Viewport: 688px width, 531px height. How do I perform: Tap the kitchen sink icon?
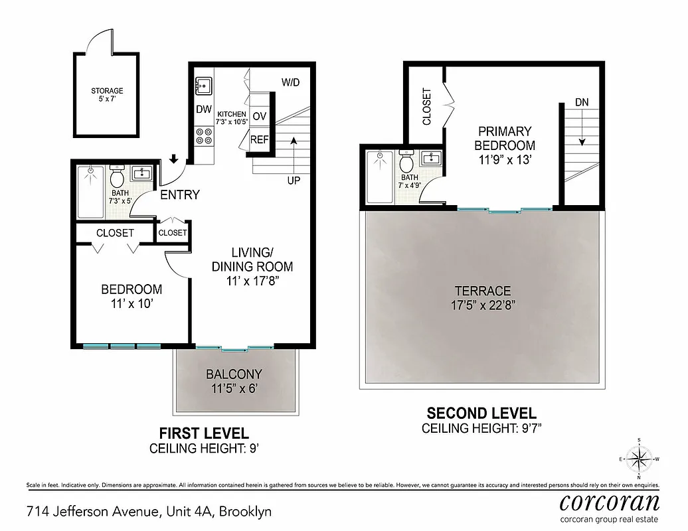[203, 86]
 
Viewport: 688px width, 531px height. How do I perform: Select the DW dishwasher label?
[203, 110]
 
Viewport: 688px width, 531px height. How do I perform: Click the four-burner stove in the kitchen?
[203, 136]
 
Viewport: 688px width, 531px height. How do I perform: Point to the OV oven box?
[260, 116]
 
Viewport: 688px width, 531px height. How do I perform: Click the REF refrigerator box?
[259, 140]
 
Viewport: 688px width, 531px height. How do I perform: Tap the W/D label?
[290, 83]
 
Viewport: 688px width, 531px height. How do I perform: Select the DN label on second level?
[582, 102]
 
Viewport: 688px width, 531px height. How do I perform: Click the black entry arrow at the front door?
[174, 159]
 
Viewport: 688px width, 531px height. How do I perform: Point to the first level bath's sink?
[141, 174]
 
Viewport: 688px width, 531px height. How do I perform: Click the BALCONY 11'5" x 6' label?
[234, 380]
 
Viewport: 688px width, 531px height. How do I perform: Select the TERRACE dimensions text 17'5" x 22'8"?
[482, 305]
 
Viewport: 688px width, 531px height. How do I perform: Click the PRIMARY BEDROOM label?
[505, 138]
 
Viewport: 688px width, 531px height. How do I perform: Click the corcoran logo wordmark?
[610, 501]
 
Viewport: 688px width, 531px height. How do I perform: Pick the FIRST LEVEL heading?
[199, 433]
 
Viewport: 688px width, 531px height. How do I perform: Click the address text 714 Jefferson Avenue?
[92, 512]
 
